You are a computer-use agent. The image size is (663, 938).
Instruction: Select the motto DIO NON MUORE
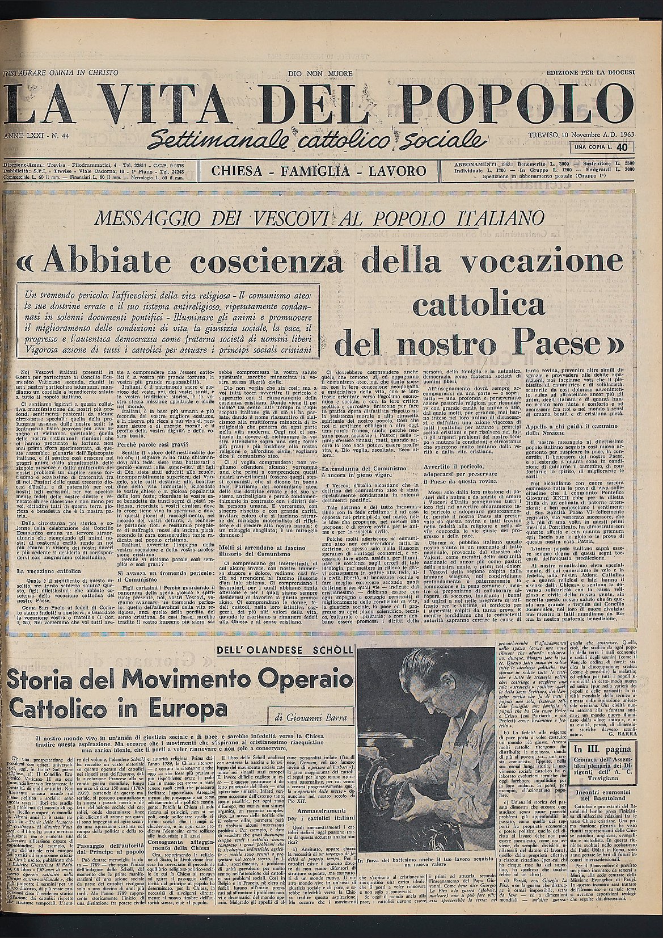point(320,74)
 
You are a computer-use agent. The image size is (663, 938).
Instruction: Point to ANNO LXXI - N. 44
point(36,137)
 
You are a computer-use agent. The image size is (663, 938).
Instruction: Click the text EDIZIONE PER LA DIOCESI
point(590,74)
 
